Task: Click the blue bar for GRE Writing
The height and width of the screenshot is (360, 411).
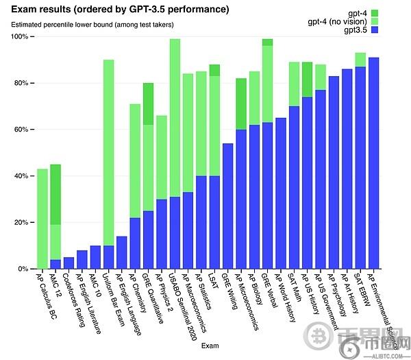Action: [x=228, y=206]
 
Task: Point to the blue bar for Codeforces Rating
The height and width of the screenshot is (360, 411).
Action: [x=68, y=263]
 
